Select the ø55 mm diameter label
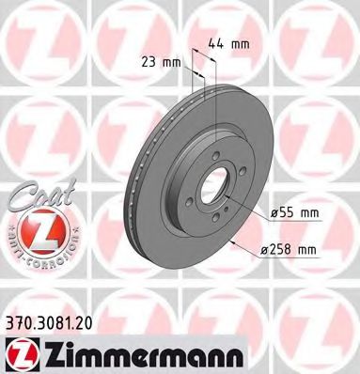[293, 213]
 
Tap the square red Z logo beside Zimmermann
[18, 352]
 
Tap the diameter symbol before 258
[264, 249]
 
